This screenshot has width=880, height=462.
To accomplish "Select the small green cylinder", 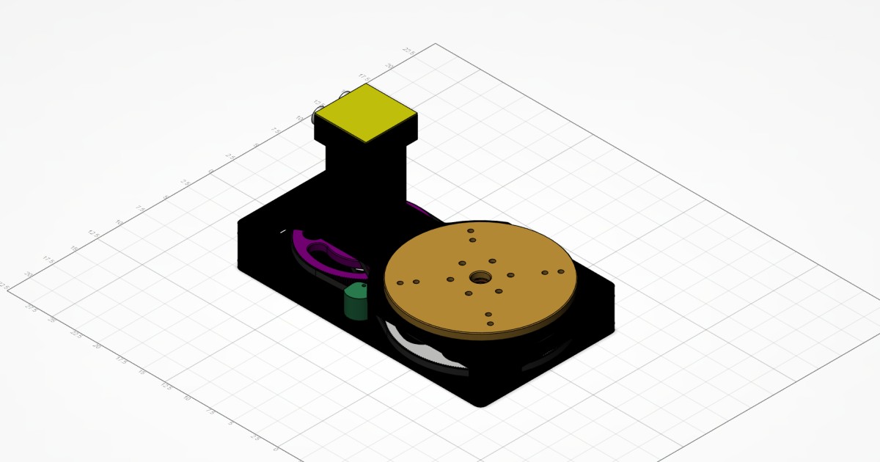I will coord(357,301).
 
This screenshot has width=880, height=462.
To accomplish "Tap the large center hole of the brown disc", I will coord(481,277).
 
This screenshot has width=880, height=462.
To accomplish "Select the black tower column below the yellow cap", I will coord(364,183).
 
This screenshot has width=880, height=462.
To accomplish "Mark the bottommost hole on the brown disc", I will coord(489,323).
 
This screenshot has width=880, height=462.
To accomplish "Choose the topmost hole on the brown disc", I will coord(470,230).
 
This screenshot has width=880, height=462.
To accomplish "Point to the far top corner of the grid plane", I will coord(437,43).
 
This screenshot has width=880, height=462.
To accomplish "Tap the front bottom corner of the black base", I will coord(481,403).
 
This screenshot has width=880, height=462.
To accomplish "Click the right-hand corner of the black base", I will coord(613,287).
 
